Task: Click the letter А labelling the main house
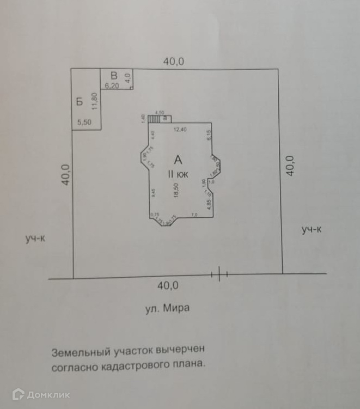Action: click(178, 159)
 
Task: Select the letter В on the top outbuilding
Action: click(114, 75)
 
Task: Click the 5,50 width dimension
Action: click(84, 123)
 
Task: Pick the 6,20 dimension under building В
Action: click(112, 86)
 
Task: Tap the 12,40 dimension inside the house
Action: click(180, 130)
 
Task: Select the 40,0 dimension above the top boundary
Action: click(174, 62)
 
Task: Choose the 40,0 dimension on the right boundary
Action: click(290, 165)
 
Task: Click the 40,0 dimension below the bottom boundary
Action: click(168, 285)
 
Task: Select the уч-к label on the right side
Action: click(312, 229)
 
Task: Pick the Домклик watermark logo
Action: click(41, 394)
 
